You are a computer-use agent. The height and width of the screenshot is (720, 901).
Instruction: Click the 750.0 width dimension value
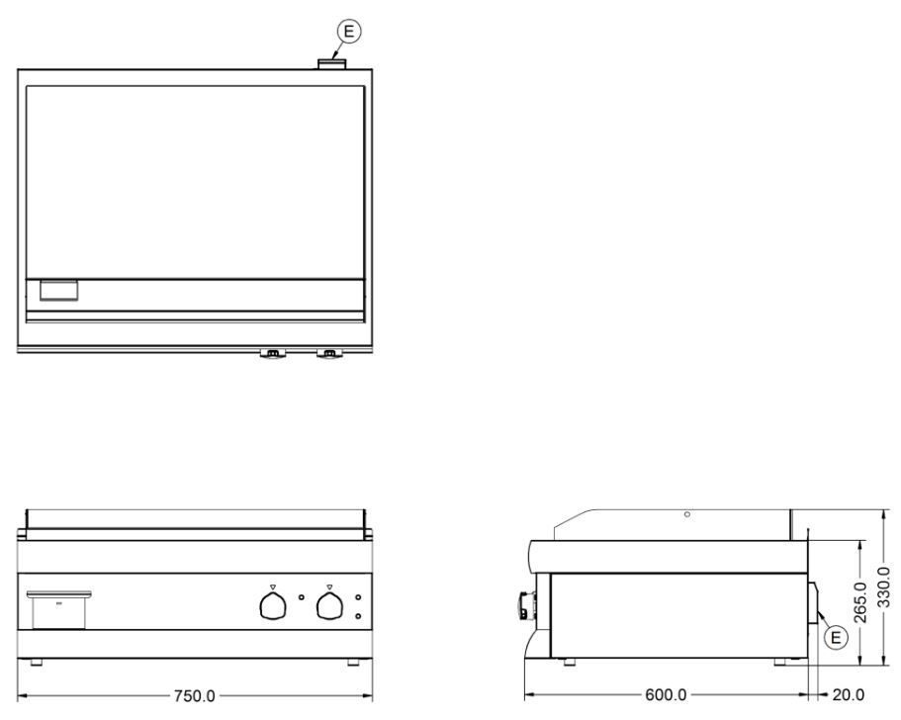pyautogui.click(x=194, y=696)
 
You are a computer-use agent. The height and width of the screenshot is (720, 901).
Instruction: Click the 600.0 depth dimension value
pyautogui.click(x=666, y=694)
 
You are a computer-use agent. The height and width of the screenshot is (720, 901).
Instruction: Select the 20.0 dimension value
pyautogui.click(x=849, y=694)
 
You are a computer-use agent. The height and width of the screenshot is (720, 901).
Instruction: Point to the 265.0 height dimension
pyautogui.click(x=860, y=602)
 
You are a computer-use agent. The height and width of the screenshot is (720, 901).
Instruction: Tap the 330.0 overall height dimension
pyautogui.click(x=884, y=586)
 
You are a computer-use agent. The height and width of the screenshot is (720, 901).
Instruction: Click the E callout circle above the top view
pyautogui.click(x=349, y=32)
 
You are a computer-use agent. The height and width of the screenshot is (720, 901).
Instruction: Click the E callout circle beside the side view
pyautogui.click(x=836, y=637)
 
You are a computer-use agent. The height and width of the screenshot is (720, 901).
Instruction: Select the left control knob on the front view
pyautogui.click(x=273, y=605)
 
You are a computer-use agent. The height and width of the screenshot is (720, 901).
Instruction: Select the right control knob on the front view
pyautogui.click(x=329, y=605)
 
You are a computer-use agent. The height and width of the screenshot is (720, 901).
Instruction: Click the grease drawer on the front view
pyautogui.click(x=58, y=609)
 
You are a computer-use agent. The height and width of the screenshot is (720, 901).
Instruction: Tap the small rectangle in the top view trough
pyautogui.click(x=58, y=290)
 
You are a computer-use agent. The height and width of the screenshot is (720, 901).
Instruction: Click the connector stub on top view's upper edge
pyautogui.click(x=332, y=63)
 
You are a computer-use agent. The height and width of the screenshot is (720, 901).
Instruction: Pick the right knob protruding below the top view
pyautogui.click(x=328, y=353)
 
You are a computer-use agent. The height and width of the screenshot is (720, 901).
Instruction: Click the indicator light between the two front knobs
pyautogui.click(x=302, y=597)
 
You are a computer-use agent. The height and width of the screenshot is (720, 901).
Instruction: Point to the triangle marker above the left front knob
pyautogui.click(x=272, y=587)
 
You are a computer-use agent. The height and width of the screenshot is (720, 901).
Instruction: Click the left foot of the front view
pyautogui.click(x=37, y=662)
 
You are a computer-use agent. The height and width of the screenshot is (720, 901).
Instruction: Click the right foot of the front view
pyautogui.click(x=353, y=662)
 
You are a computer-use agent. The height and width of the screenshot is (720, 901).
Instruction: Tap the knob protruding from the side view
pyautogui.click(x=526, y=605)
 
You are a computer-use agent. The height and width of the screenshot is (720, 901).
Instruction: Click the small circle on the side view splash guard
pyautogui.click(x=687, y=514)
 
